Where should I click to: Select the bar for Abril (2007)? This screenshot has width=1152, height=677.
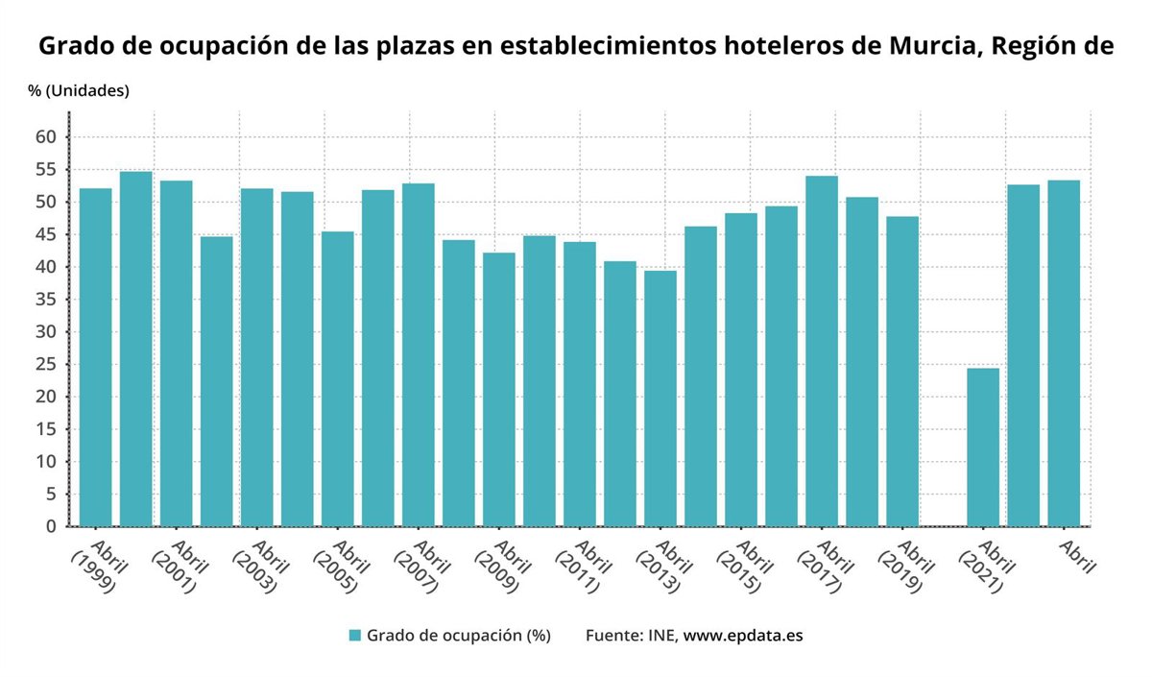(418, 355)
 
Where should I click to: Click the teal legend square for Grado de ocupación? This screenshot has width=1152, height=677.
(354, 636)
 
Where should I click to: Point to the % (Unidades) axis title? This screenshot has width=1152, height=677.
(78, 91)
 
